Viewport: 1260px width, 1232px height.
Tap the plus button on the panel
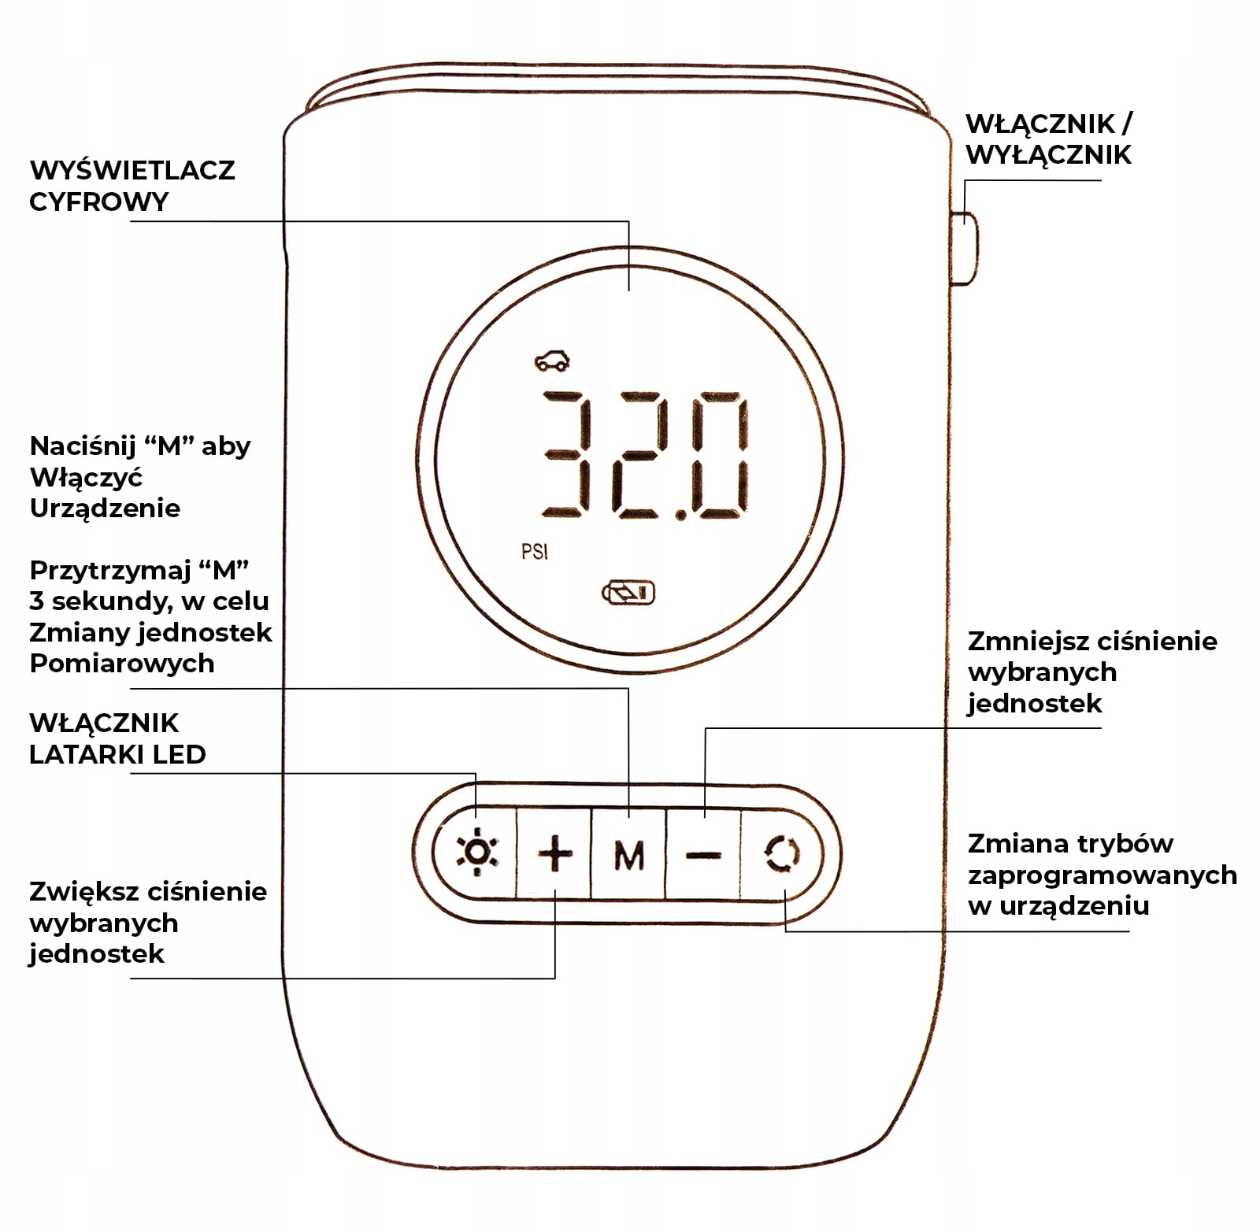pos(555,853)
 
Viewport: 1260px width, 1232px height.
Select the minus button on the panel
pos(703,854)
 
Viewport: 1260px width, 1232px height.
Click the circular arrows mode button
pos(783,854)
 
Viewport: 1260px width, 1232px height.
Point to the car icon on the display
pos(552,360)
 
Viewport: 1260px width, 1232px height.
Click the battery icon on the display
pos(628,592)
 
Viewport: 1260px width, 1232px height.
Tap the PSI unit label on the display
pos(534,551)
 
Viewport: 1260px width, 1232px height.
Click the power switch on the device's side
pos(965,247)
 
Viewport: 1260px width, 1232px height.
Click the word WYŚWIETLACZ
pos(132,170)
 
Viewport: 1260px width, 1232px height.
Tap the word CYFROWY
pos(99,202)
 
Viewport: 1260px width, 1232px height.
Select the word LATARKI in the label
pos(87,754)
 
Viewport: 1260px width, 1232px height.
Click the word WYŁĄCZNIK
pos(1048,154)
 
